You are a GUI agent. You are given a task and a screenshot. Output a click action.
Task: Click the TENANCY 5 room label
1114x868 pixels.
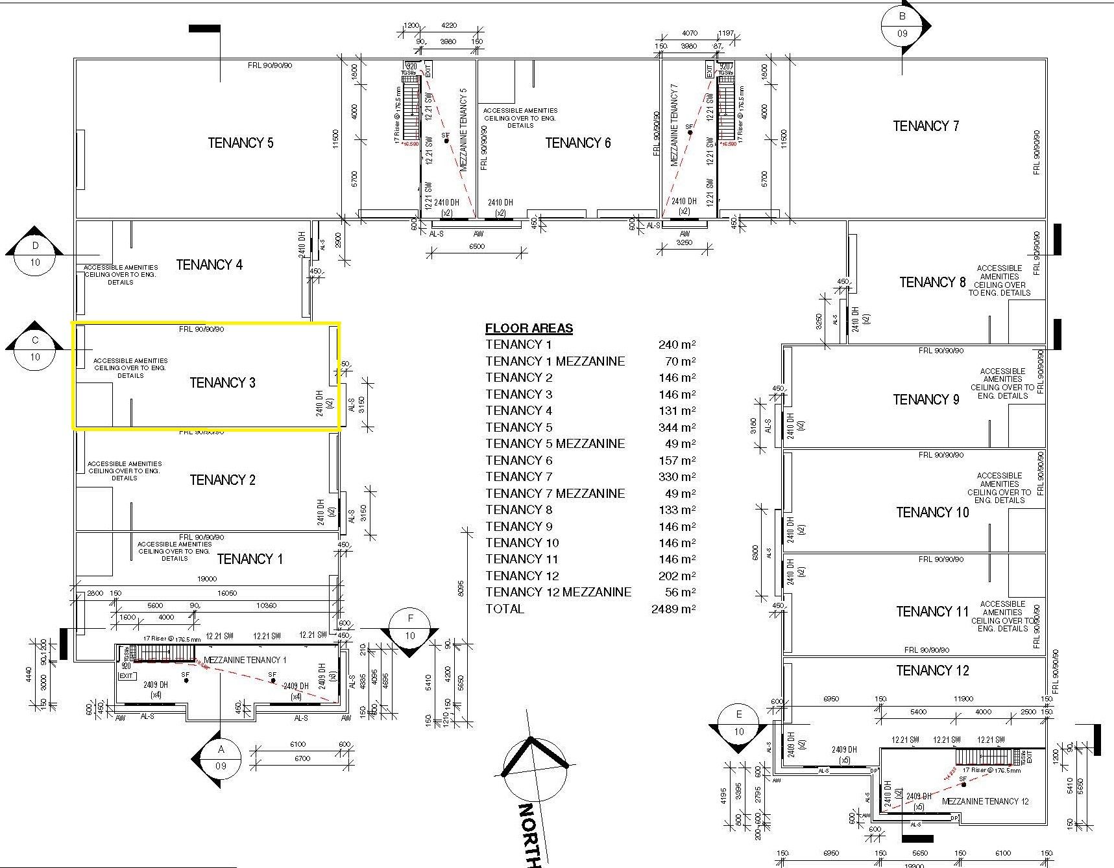point(240,143)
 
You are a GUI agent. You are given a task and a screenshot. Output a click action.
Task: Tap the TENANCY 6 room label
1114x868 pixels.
point(577,143)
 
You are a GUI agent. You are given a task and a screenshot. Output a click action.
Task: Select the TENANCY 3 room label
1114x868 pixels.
point(223,382)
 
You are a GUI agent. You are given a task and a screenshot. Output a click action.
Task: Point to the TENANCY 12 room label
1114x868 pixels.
point(932,670)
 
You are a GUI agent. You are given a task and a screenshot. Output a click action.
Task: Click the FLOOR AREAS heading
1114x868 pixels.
point(529,328)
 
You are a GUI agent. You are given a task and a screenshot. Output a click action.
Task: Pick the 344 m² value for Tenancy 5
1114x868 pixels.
point(677,427)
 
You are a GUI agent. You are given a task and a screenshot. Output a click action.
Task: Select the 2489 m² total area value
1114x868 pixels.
point(673,609)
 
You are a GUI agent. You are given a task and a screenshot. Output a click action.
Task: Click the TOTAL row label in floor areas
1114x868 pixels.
point(505,609)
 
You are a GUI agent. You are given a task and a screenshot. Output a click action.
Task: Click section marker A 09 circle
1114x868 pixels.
point(221,758)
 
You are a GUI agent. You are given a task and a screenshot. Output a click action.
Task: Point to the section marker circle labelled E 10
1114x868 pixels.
point(739,723)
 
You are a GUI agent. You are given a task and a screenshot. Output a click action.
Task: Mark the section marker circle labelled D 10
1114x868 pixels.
point(35,254)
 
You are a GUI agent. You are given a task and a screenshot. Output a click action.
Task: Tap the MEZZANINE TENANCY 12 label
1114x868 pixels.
point(985,801)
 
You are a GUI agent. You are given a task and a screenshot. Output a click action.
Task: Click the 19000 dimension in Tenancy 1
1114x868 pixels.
point(207,579)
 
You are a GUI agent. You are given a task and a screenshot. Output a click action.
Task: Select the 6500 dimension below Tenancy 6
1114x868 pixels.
point(476,246)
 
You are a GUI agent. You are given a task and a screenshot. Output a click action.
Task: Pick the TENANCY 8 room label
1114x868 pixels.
point(932,282)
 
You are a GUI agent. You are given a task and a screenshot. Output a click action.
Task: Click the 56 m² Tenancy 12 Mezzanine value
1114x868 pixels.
point(681,592)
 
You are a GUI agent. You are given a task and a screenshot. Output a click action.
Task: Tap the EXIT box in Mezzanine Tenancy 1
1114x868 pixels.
point(127,675)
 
